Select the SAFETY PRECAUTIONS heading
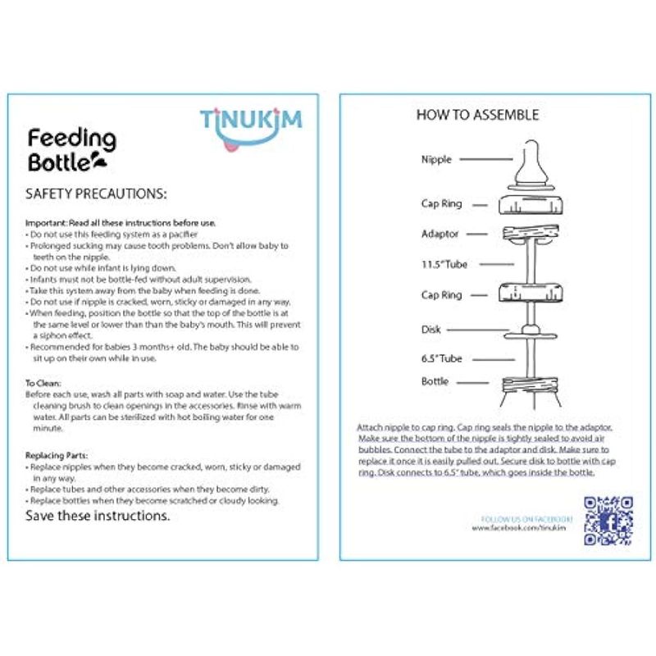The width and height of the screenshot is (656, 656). [97, 194]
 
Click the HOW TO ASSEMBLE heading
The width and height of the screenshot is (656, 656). [477, 115]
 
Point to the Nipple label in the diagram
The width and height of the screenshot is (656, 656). [435, 160]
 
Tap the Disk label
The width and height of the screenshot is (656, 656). [430, 330]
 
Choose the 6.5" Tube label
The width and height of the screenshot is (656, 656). [442, 358]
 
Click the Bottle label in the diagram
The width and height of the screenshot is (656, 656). [435, 382]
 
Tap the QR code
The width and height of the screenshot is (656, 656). [608, 520]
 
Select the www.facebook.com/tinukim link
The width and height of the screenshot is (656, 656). [522, 529]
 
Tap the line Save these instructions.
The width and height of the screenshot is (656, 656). [98, 517]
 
